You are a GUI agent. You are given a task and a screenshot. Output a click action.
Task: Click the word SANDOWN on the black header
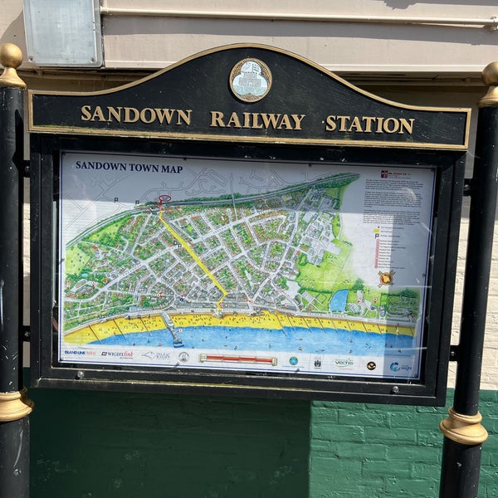[135, 115]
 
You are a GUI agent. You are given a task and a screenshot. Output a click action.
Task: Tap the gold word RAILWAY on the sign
[257, 120]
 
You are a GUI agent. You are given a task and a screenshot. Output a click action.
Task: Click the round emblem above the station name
[250, 81]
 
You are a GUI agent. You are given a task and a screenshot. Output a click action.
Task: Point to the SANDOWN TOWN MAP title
[129, 166]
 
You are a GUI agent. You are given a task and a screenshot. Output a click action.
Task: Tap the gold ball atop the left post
[11, 56]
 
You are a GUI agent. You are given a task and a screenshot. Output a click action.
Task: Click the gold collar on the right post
[464, 427]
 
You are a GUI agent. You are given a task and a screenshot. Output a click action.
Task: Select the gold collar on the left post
[14, 405]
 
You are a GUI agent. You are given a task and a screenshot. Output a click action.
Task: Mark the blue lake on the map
[339, 300]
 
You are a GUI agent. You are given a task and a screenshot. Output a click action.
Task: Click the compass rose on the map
[386, 278]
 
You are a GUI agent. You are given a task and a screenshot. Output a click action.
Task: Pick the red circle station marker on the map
[164, 199]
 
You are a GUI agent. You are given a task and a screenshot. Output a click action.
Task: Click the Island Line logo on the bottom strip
[81, 353]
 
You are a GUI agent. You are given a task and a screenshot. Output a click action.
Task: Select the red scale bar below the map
[237, 359]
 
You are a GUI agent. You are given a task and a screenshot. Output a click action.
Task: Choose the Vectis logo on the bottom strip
[344, 363]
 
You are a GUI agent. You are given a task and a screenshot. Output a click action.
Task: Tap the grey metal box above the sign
[62, 32]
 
